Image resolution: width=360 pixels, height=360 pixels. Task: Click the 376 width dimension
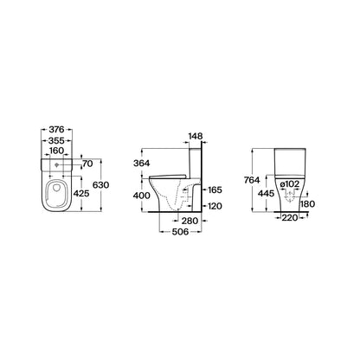pyautogui.click(x=56, y=130)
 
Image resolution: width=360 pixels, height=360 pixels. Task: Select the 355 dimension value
pyautogui.click(x=56, y=140)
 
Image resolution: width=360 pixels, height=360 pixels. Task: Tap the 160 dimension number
pyautogui.click(x=56, y=151)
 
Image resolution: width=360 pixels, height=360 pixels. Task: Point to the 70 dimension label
pyautogui.click(x=87, y=164)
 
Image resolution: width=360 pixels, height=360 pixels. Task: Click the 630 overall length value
pyautogui.click(x=100, y=185)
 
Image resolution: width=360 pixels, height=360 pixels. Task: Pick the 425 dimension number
pyautogui.click(x=81, y=194)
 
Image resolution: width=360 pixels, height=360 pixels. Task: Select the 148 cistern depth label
pyautogui.click(x=196, y=136)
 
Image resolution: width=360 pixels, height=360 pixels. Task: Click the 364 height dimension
pyautogui.click(x=142, y=164)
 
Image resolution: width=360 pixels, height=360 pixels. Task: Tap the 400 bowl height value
pyautogui.click(x=142, y=196)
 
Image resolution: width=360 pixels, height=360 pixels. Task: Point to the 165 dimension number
pyautogui.click(x=215, y=190)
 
